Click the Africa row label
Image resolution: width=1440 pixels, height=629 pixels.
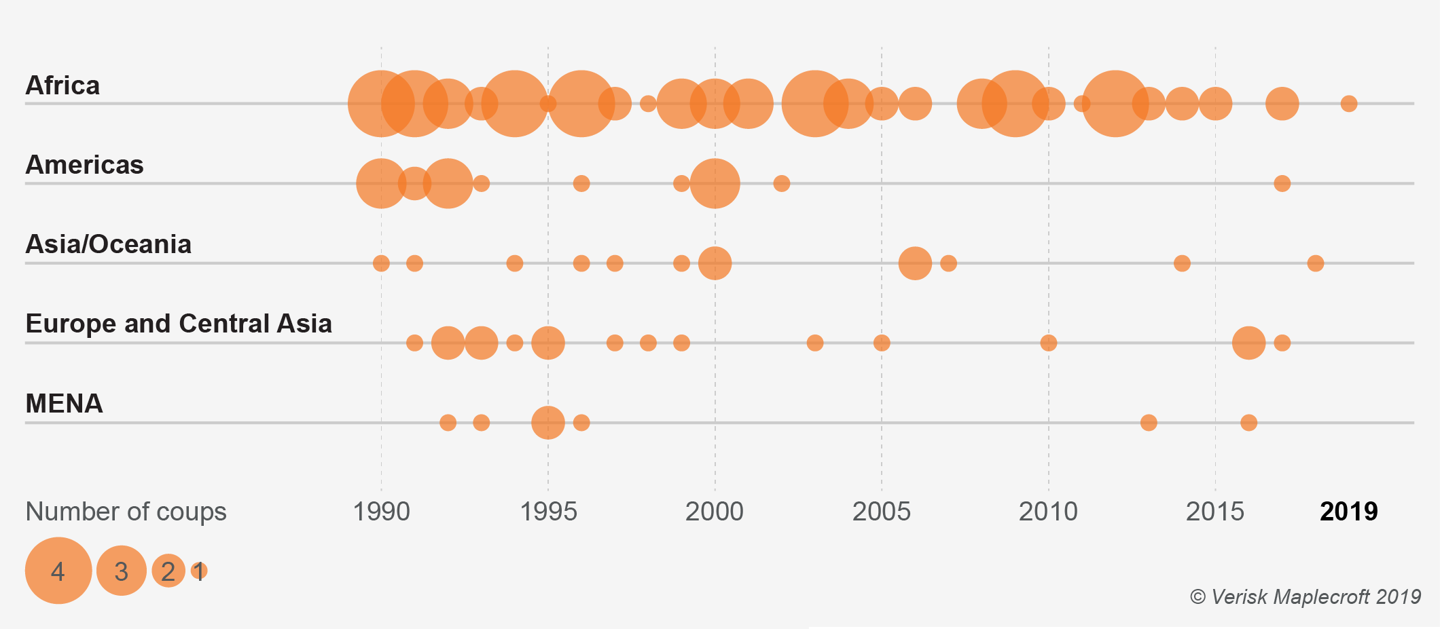62,85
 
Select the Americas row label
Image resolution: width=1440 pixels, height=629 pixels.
84,165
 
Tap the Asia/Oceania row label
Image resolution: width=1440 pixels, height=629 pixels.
108,244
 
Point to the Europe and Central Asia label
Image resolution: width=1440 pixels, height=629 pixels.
179,324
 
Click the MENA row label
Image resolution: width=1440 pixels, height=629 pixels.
64,404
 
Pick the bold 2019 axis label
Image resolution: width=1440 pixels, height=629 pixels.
1348,512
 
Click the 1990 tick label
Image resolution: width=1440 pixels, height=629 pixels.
381,512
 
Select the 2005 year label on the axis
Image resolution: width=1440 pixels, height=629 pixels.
881,512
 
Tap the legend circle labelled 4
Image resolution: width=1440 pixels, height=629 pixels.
58,571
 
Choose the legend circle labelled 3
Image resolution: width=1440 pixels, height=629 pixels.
122,571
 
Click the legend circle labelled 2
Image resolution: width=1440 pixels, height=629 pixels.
168,571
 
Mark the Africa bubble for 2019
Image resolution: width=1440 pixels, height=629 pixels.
1349,104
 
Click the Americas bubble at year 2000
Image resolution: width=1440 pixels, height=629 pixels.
715,183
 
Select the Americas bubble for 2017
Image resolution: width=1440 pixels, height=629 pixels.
1282,183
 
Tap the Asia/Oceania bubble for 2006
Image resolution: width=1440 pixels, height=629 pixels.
915,263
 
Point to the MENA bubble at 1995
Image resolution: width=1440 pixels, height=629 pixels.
548,423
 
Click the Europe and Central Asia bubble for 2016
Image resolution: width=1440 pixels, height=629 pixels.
1248,343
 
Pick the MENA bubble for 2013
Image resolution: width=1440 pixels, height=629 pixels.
1149,423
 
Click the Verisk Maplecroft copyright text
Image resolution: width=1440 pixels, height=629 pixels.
1305,597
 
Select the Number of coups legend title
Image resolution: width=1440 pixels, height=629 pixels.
126,512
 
